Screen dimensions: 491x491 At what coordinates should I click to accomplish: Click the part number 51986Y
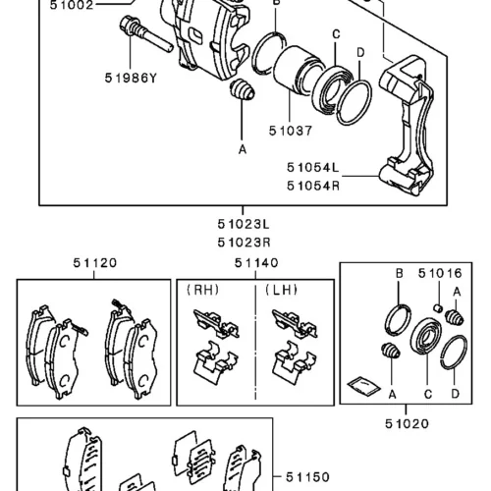point(131,79)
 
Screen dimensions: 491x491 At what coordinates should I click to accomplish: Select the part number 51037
point(291,131)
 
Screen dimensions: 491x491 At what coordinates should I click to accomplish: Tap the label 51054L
point(313,168)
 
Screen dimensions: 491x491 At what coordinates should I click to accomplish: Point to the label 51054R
point(313,186)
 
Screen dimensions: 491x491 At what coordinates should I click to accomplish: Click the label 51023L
point(244,225)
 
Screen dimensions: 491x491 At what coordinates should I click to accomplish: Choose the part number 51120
point(95,263)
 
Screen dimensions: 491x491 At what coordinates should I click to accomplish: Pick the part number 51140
point(256,263)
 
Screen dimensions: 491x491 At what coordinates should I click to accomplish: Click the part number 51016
point(440,273)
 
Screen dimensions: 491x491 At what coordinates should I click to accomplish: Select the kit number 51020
point(407,424)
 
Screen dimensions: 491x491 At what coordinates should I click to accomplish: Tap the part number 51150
point(307,477)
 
